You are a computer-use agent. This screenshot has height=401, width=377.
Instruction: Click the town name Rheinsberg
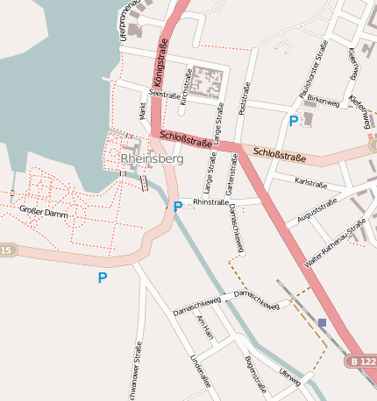pos(152,160)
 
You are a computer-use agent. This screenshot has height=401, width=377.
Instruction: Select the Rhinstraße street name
pos(210,201)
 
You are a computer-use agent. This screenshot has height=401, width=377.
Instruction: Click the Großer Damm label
pos(43,211)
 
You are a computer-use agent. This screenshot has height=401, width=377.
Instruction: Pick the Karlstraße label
pos(311,183)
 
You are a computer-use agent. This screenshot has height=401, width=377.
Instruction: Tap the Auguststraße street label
pos(317,210)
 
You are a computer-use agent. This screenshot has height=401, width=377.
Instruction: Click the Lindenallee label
pos(200,370)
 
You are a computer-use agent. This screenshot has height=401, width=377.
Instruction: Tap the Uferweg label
pos(289,377)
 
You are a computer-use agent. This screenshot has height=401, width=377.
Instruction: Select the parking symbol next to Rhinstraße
pos(178,207)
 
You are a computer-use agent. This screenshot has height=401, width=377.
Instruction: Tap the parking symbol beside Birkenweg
pos(293,121)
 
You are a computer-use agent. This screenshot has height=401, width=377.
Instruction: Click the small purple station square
pos(322,323)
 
